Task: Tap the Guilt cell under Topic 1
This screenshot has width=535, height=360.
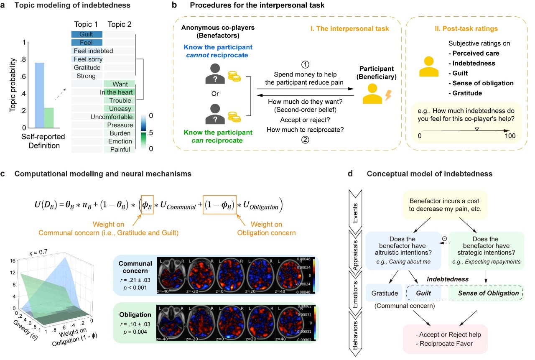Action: (87, 35)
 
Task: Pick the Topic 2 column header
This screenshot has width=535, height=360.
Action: (119, 23)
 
